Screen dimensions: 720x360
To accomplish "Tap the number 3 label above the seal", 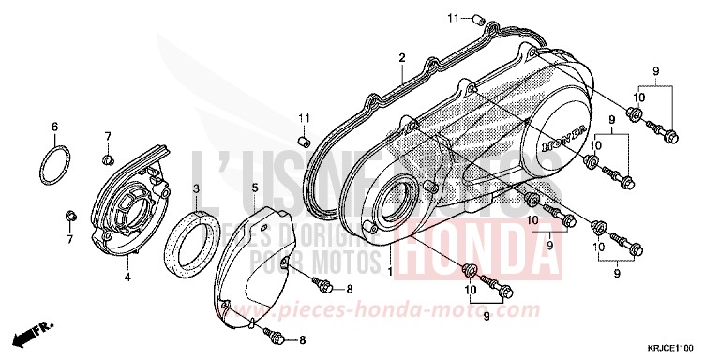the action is point(196,188).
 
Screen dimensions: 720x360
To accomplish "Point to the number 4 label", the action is point(127,277).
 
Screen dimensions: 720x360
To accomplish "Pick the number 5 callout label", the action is point(254,188).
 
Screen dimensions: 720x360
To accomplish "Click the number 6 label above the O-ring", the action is point(54,127).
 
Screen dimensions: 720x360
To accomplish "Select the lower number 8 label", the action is point(301,339).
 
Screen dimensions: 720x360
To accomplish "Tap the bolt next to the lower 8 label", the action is point(274,333).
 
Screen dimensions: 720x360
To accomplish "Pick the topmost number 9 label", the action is point(656,71).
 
